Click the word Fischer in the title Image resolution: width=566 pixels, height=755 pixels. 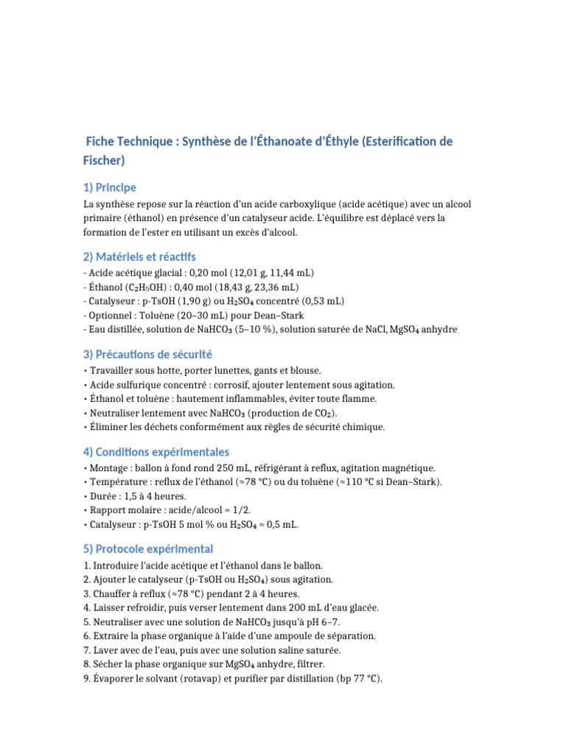(103, 160)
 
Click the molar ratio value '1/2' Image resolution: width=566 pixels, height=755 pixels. (243, 510)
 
